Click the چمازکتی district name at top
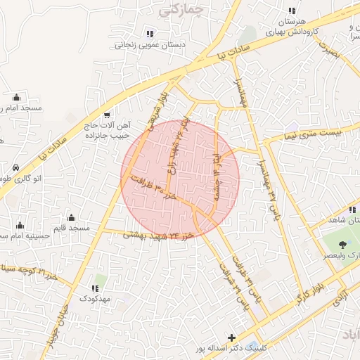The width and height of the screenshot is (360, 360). (x=181, y=10)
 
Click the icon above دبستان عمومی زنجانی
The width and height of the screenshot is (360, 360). (x=149, y=33)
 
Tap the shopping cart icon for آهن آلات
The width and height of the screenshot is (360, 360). (x=106, y=115)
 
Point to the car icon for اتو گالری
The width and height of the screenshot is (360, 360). (x=15, y=168)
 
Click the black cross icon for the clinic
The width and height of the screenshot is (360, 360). (x=232, y=337)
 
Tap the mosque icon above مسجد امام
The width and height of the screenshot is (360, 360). (x=16, y=97)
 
